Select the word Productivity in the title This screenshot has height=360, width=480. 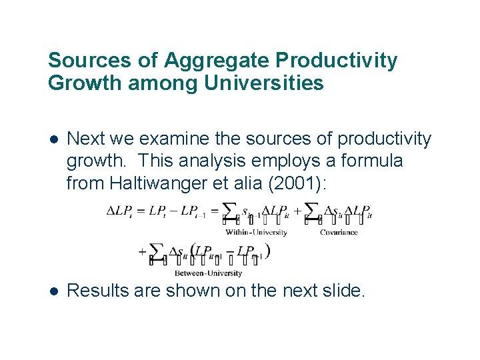click(x=336, y=61)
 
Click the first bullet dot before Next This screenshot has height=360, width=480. click(x=53, y=139)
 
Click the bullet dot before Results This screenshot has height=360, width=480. click(x=53, y=291)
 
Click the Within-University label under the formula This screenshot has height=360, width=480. click(x=256, y=232)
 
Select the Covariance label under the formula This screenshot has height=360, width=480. click(x=339, y=232)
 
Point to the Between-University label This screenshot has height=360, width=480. click(x=208, y=272)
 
